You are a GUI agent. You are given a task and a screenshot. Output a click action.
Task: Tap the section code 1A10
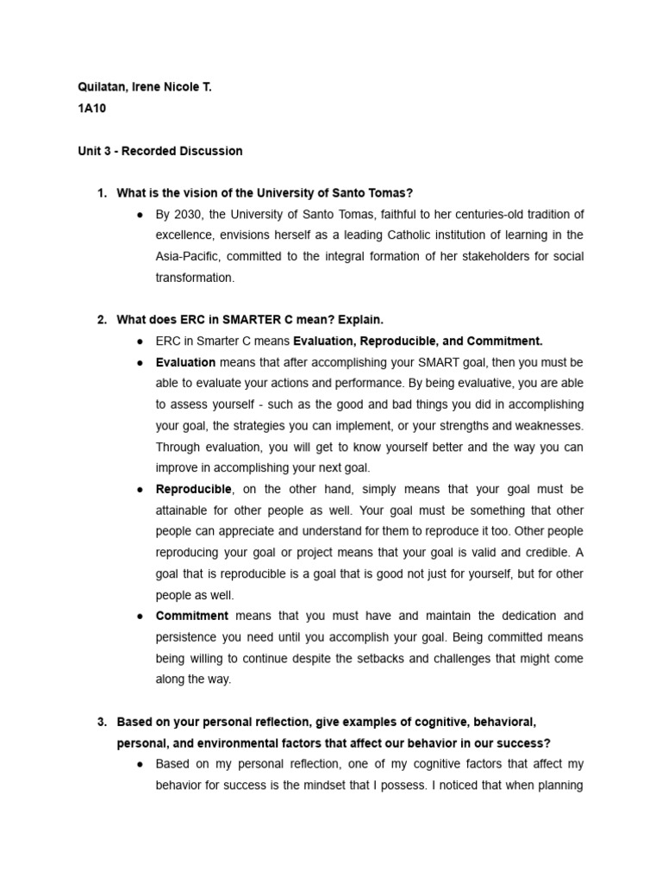click(x=91, y=110)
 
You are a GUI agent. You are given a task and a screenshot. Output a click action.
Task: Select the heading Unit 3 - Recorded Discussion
click(x=159, y=151)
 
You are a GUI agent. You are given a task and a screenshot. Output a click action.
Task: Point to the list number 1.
click(x=102, y=193)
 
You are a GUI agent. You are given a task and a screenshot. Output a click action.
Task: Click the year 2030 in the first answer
click(x=185, y=214)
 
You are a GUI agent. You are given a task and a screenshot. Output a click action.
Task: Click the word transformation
click(x=195, y=278)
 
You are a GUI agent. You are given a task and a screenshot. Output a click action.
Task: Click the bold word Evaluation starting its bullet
click(x=185, y=362)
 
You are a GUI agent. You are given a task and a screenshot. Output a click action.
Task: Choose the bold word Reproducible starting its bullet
click(x=194, y=489)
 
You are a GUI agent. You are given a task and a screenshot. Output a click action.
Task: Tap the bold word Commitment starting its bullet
click(x=191, y=616)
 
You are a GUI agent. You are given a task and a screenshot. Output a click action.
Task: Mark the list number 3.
click(x=102, y=722)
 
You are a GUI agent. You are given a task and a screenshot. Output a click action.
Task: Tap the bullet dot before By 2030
click(x=139, y=215)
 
